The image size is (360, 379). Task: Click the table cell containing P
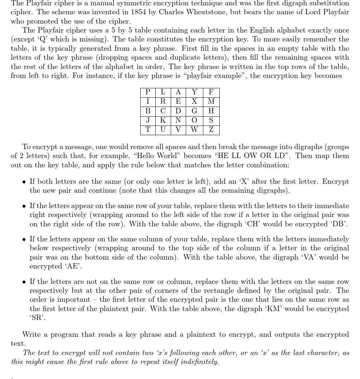pos(148,92)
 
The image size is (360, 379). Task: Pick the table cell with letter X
pos(194,102)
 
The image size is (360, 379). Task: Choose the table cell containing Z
pos(211,130)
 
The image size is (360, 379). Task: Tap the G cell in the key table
pos(194,111)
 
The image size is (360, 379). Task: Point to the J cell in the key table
pos(148,120)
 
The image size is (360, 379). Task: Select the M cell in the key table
pos(211,102)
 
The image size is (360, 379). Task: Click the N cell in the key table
pos(178,120)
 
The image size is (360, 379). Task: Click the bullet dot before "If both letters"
pos(24,182)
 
